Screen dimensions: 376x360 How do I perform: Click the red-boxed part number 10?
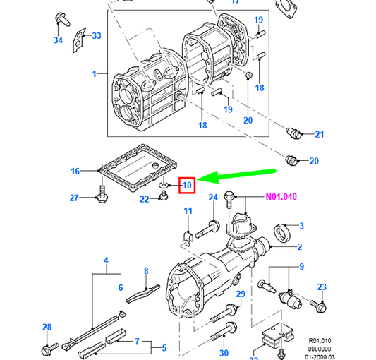[x=187, y=185]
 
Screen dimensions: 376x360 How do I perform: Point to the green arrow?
[x=236, y=176]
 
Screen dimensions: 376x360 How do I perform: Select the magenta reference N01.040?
[x=281, y=197]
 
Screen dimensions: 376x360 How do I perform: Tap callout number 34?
[x=59, y=40]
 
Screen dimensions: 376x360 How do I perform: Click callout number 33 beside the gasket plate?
[x=97, y=36]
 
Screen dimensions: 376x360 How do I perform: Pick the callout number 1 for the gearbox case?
[x=95, y=73]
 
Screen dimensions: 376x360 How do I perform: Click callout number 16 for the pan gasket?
[x=75, y=171]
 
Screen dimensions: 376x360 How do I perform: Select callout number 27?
[x=74, y=198]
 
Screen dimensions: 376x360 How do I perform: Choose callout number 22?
[x=145, y=199]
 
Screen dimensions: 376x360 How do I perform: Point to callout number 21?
[x=320, y=134]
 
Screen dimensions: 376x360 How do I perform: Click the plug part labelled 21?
[x=293, y=133]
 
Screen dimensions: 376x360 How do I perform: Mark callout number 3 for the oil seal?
[x=301, y=226]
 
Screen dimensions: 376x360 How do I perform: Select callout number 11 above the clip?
[x=188, y=211]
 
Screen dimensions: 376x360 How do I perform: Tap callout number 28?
[x=47, y=327]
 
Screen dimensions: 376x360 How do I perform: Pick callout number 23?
[x=322, y=287]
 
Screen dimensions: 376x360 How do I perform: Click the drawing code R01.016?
[x=320, y=340]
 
